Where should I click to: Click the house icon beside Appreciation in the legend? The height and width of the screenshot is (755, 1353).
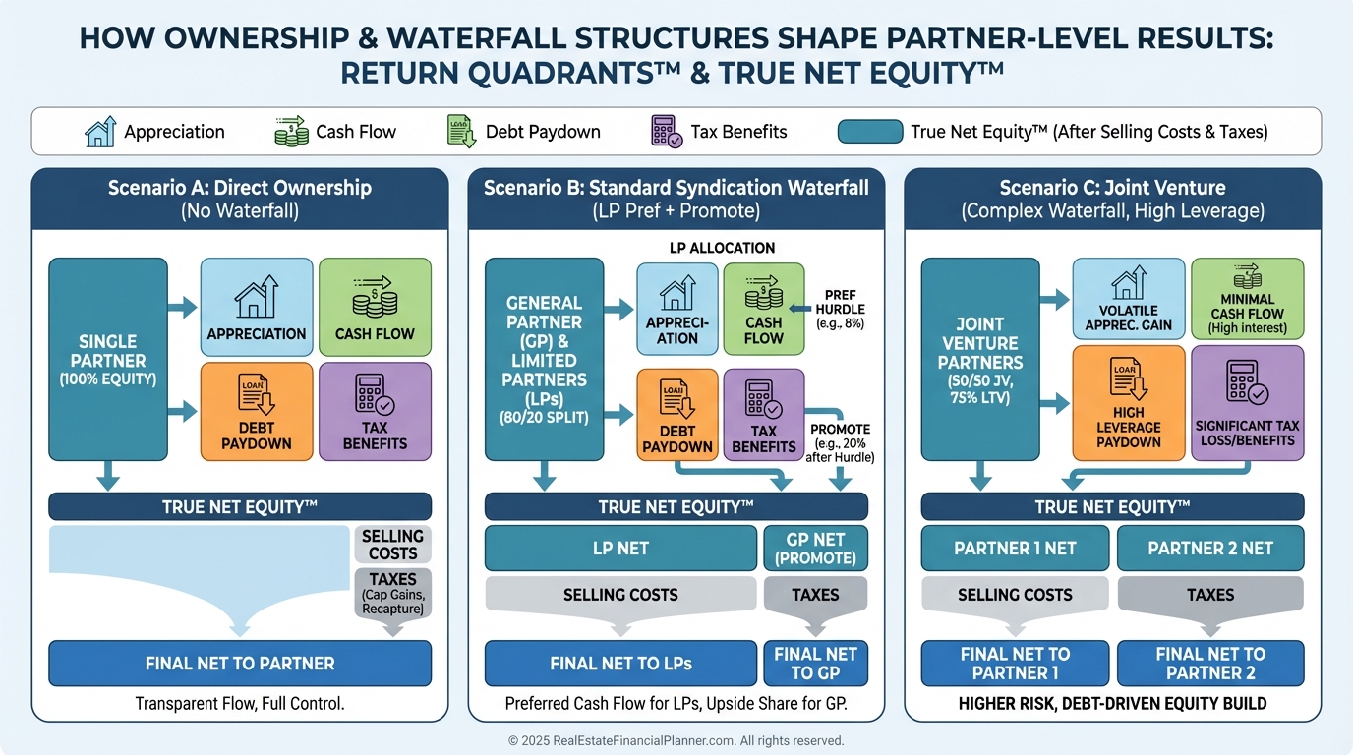(100, 132)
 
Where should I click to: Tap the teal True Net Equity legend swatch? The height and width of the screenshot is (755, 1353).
(870, 132)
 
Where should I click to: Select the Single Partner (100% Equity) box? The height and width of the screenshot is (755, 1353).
(108, 359)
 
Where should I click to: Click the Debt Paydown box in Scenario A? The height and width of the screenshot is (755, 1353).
(257, 411)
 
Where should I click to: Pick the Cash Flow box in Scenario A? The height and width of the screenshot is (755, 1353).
(375, 306)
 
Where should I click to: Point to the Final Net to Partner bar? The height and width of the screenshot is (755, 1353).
(240, 664)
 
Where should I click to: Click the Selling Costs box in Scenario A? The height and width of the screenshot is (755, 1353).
(392, 544)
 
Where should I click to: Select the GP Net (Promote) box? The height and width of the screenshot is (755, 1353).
(815, 548)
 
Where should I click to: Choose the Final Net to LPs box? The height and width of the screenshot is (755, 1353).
(620, 664)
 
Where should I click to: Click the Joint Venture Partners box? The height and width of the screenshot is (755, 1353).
(979, 359)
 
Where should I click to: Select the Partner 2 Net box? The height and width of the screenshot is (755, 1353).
(1210, 548)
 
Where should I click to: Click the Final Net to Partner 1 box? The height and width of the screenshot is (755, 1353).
(1015, 664)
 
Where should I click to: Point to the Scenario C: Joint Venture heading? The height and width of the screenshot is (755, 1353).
(1112, 198)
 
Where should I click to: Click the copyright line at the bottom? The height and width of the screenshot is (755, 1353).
(676, 741)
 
